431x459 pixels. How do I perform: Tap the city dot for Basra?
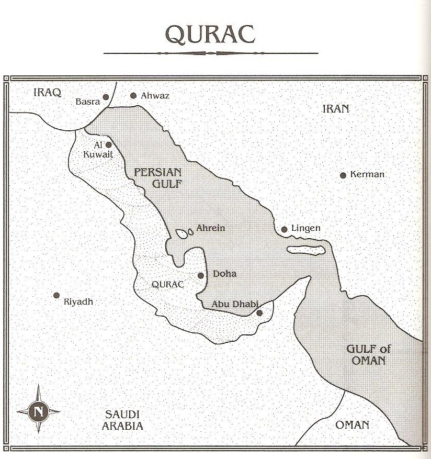click(106, 97)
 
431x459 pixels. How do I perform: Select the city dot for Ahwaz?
click(133, 95)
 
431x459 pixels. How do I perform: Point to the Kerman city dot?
click(343, 175)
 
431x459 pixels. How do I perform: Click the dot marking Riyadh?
click(56, 295)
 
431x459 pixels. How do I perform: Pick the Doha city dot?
click(201, 275)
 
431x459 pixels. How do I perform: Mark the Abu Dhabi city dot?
click(259, 313)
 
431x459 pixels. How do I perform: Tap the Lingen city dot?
click(284, 229)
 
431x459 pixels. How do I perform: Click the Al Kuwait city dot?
click(109, 145)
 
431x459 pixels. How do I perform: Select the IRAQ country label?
click(47, 93)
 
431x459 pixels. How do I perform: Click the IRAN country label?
click(335, 109)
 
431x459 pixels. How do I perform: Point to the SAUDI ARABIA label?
click(122, 420)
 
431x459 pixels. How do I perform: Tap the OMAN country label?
click(352, 424)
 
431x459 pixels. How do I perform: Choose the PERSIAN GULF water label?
click(157, 177)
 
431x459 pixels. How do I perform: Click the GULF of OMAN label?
click(369, 355)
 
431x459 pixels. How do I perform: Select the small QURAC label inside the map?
click(167, 284)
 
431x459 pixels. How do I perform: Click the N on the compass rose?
click(38, 411)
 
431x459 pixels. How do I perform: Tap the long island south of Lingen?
click(306, 250)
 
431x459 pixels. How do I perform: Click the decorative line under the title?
click(211, 53)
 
